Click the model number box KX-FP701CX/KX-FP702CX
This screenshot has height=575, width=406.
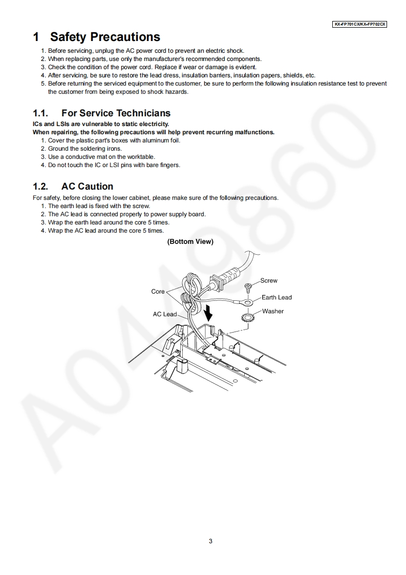click(359, 24)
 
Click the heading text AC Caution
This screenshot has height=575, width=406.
click(87, 187)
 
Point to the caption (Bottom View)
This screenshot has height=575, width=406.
click(190, 241)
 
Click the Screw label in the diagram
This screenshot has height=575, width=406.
click(269, 281)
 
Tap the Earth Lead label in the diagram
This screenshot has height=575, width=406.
click(276, 297)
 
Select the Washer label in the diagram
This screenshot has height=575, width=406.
click(273, 311)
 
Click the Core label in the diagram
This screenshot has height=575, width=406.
click(158, 292)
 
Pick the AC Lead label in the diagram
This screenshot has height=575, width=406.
click(164, 314)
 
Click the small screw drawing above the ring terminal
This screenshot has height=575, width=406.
click(249, 287)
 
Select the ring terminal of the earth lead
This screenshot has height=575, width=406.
click(249, 303)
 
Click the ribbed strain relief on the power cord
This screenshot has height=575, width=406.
click(223, 278)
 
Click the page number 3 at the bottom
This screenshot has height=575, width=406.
click(210, 541)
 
